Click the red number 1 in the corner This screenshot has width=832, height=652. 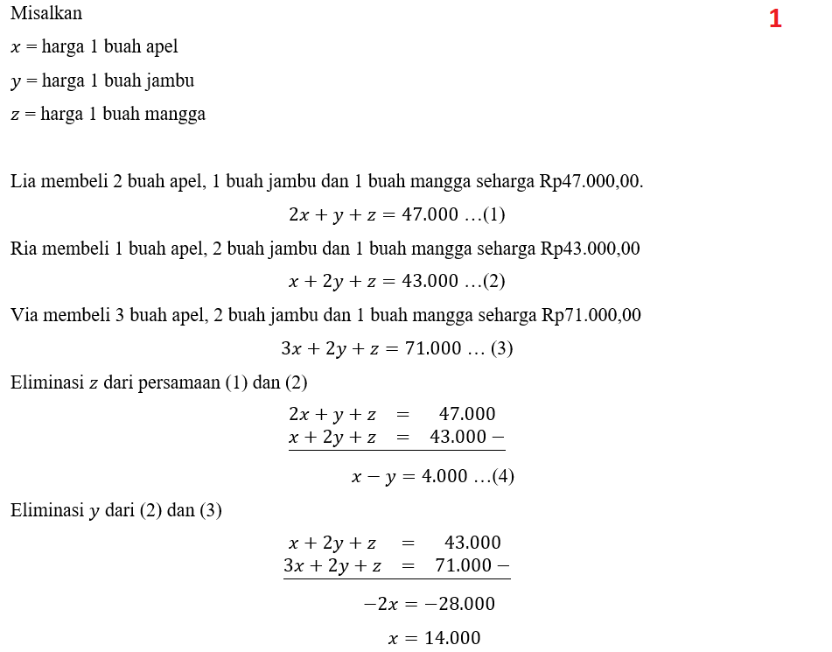click(775, 19)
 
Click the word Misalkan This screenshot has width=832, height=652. click(46, 14)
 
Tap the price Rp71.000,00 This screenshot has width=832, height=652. click(591, 315)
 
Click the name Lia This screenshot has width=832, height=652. click(23, 181)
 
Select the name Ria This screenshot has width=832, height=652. click(24, 249)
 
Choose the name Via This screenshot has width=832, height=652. click(24, 315)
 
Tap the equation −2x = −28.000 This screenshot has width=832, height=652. click(429, 604)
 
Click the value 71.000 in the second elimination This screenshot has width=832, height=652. click(463, 565)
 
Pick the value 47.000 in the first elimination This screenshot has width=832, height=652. click(466, 414)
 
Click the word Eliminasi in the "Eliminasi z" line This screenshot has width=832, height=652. click(46, 382)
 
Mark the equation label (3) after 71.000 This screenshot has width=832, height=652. click(501, 348)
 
